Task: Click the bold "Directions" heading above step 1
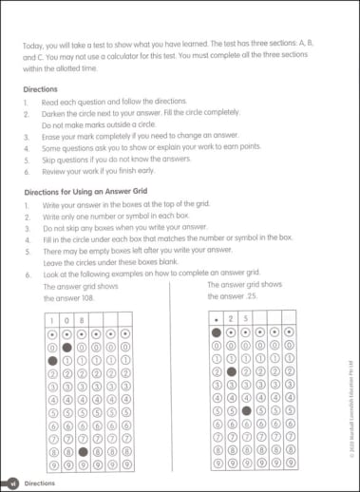click(x=42, y=86)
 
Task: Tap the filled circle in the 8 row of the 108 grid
click(x=83, y=453)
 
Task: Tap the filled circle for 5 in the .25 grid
click(x=246, y=411)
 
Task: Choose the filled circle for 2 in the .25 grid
click(x=231, y=371)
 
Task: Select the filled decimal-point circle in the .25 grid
click(x=216, y=333)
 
